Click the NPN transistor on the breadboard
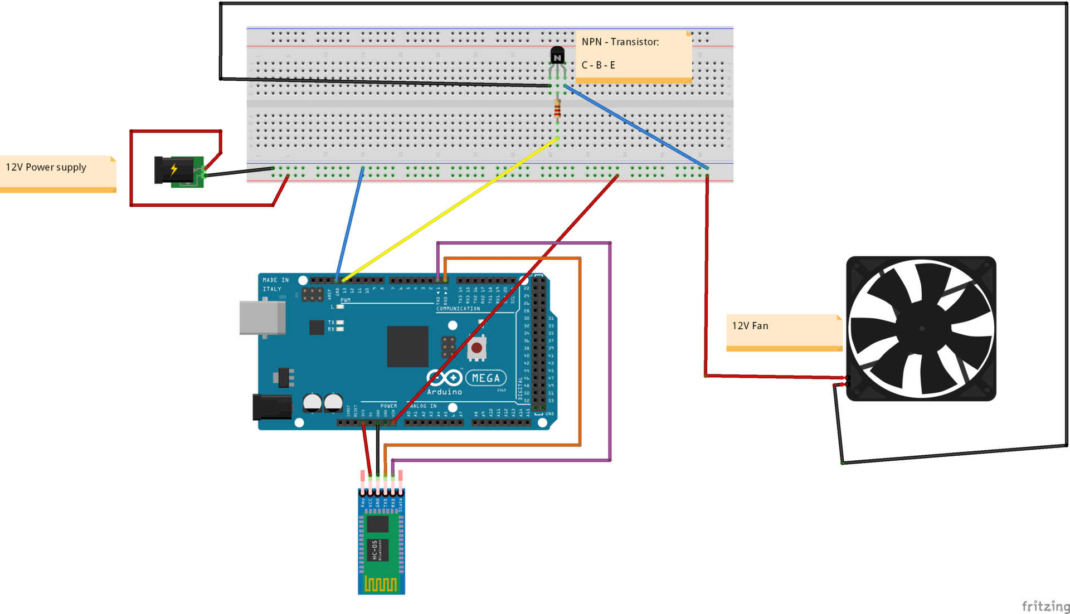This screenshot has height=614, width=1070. coord(557,56)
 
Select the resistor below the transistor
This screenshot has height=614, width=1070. coord(557,109)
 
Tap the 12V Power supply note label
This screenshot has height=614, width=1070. coord(46,167)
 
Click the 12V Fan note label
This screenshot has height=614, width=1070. coord(750,326)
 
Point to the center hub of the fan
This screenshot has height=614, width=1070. coord(921,329)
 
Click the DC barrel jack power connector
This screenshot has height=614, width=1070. coord(174,170)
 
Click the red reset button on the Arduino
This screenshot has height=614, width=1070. coord(476,348)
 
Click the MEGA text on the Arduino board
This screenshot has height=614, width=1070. coord(486,378)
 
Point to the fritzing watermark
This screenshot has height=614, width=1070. coord(1045,606)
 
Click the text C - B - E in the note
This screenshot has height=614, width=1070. coord(598,65)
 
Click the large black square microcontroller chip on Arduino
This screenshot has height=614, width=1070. coord(407,347)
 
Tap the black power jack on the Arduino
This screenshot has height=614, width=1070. coord(272,407)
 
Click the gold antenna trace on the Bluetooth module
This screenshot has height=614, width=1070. coord(381,584)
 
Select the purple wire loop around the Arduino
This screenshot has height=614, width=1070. coord(610,351)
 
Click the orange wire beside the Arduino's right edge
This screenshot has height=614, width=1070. coord(580,351)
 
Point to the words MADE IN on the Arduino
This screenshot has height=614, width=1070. coord(275,280)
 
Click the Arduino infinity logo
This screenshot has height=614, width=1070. coord(444,378)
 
